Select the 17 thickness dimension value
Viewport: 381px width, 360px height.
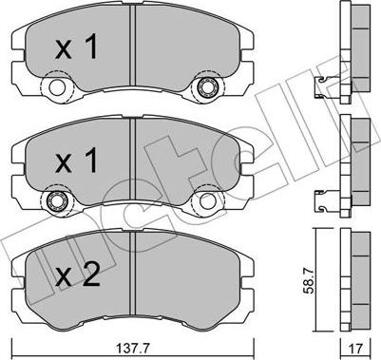click(x=356, y=350)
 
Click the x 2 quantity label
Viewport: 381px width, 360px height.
click(x=78, y=275)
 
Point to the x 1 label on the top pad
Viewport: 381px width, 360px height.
click(x=77, y=47)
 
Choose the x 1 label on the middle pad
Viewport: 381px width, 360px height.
click(x=77, y=161)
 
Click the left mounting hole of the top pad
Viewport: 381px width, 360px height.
click(x=57, y=87)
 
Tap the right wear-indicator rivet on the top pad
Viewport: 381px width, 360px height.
click(x=207, y=86)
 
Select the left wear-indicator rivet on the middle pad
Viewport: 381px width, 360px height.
click(x=57, y=200)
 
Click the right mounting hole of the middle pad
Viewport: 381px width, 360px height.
click(x=207, y=201)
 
